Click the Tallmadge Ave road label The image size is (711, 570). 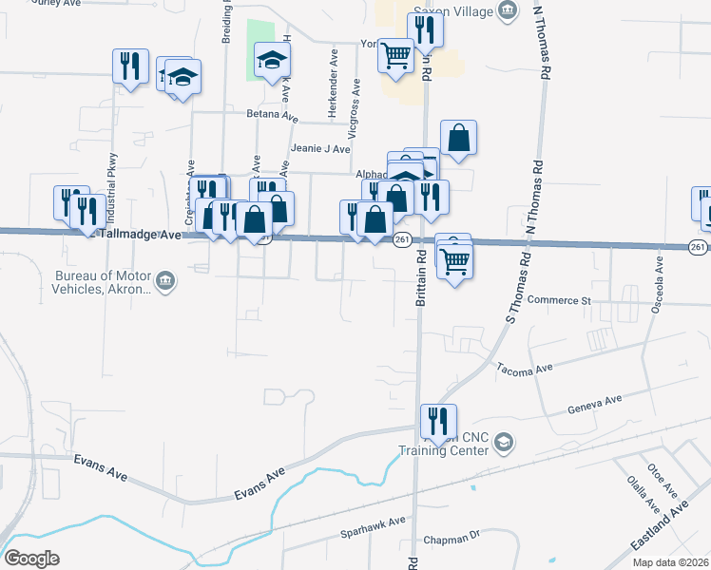(x=141, y=234)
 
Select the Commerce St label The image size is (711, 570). (x=560, y=300)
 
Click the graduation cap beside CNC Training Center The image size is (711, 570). (x=504, y=443)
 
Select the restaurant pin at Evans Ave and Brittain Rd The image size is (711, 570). (x=438, y=420)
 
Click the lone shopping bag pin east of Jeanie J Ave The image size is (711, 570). (x=458, y=138)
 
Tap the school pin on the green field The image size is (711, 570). (x=272, y=61)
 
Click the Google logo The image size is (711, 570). (x=31, y=559)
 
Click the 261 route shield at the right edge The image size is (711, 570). (x=699, y=248)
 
